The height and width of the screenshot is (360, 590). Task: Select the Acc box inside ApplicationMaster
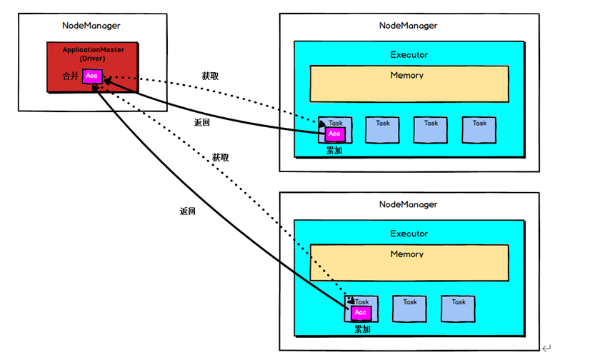tap(92, 76)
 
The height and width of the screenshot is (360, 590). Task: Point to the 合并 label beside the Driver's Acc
tap(71, 76)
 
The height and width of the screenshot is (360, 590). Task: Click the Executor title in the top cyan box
tap(409, 55)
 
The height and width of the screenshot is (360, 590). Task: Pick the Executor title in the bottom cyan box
tap(409, 234)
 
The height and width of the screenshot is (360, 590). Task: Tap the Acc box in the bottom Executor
tap(361, 313)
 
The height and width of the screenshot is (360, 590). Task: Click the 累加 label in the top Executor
tap(334, 151)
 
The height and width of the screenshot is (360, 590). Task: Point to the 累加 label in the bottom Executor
tap(363, 330)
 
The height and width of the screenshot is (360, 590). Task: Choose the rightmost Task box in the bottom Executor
tap(459, 308)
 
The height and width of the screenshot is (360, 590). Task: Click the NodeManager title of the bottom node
tap(409, 204)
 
